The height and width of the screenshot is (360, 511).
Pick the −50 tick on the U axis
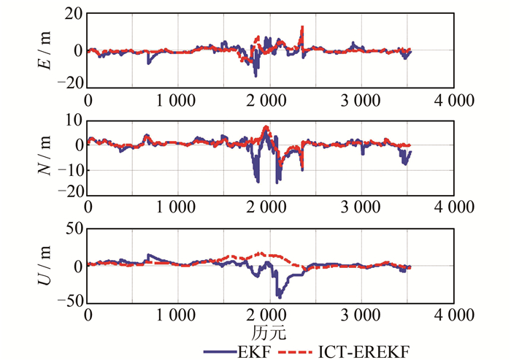(x=69, y=301)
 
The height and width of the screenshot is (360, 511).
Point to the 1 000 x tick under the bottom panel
(x=179, y=315)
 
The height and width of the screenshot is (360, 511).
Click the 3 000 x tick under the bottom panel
(x=362, y=315)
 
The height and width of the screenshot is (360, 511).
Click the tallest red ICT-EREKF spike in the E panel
(x=301, y=28)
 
